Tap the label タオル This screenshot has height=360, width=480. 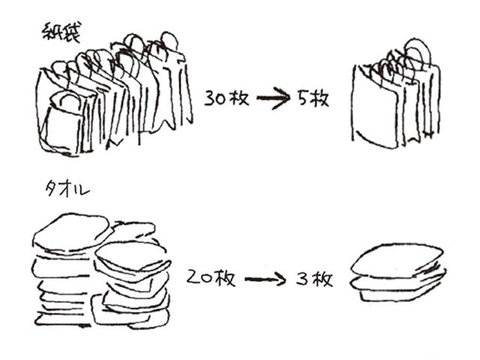tap(66, 190)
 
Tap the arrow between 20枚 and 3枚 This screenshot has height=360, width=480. tap(265, 280)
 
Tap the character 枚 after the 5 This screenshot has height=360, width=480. tap(320, 98)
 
